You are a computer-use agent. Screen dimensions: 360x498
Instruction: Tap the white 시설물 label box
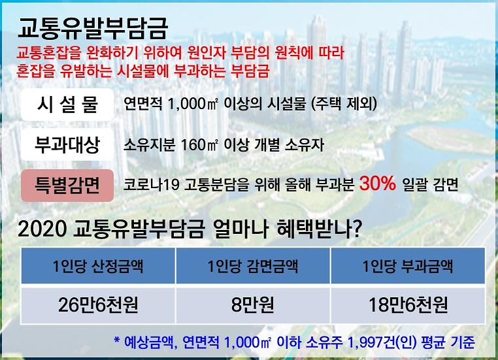coord(68,104)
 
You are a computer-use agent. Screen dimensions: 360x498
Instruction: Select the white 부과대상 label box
coord(68,144)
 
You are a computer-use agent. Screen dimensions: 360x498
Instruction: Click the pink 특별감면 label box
coord(68,184)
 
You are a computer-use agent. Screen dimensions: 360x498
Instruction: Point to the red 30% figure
coord(378,184)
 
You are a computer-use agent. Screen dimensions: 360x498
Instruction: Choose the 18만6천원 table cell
coord(407,304)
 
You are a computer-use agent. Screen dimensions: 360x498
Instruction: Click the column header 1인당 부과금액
coord(407,267)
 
